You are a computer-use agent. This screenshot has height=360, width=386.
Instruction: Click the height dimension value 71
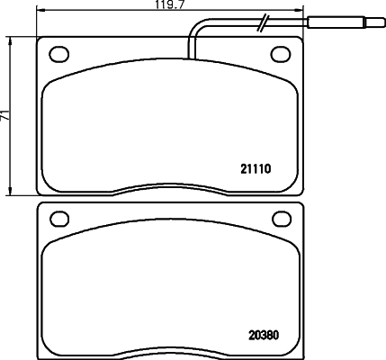pos(4,115)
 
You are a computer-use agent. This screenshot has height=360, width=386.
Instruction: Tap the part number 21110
pos(256,169)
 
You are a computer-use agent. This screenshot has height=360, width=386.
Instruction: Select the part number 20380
pos(264,335)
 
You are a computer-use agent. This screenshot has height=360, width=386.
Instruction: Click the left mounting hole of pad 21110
pos(59,54)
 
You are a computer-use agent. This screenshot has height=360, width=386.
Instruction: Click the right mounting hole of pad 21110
pos(281,54)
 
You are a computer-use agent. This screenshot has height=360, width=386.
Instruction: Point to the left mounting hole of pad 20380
pos(59,219)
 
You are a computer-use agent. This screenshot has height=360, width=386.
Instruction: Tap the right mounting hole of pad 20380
pos(282,219)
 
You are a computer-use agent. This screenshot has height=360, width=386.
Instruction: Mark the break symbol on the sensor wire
pos(263,22)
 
